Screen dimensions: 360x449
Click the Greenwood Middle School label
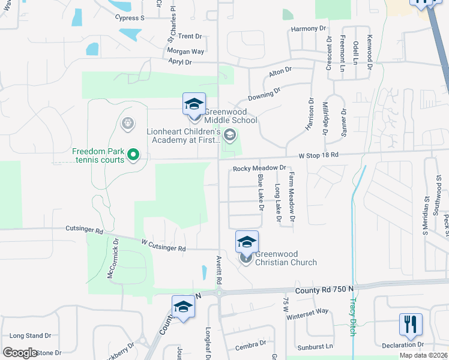[231, 116]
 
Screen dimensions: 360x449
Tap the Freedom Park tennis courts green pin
[133, 156]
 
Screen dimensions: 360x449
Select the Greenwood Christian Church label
[286, 258]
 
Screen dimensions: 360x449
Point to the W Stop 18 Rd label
[319, 155]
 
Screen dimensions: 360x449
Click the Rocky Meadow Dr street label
[258, 169]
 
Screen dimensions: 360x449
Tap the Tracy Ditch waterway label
[352, 316]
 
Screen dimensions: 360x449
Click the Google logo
[20, 353]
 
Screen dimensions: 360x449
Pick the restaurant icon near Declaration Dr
[411, 325]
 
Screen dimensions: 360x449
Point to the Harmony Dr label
[307, 28]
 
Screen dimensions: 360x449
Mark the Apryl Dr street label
[179, 62]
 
